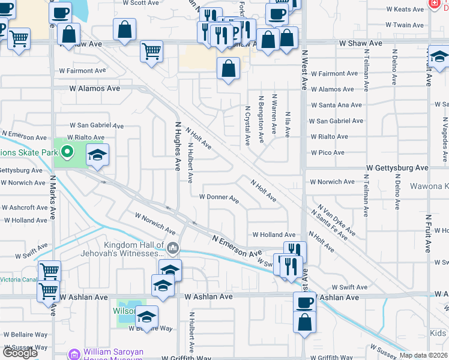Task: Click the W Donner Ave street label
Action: pyautogui.click(x=219, y=197)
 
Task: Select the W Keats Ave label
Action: pyautogui.click(x=405, y=10)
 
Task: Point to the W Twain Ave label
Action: pyautogui.click(x=405, y=25)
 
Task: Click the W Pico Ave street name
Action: pyautogui.click(x=327, y=152)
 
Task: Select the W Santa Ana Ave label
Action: pyautogui.click(x=336, y=105)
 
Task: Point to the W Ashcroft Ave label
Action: pyautogui.click(x=24, y=208)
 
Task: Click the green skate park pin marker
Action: pyautogui.click(x=67, y=152)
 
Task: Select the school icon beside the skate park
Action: pyautogui.click(x=97, y=156)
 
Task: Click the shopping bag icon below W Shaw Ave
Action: pyautogui.click(x=228, y=68)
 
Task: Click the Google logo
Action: pyautogui.click(x=20, y=353)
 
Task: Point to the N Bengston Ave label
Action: pyautogui.click(x=261, y=119)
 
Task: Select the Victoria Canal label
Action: pyautogui.click(x=18, y=279)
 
